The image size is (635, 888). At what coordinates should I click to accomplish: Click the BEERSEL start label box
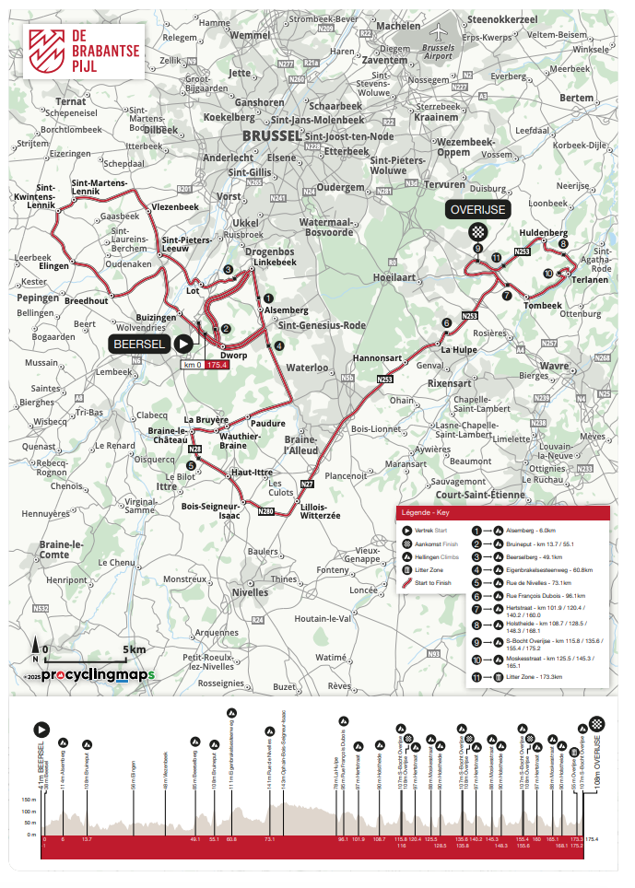click(x=141, y=344)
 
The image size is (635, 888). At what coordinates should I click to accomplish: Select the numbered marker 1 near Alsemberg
click(x=267, y=298)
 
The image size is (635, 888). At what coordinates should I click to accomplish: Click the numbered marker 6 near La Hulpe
click(x=446, y=322)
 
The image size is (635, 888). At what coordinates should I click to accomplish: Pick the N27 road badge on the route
click(x=308, y=484)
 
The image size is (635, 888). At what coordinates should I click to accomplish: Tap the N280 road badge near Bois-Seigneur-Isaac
click(x=265, y=510)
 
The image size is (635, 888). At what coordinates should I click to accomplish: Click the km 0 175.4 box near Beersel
click(x=205, y=365)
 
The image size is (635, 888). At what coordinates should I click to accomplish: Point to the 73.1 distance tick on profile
click(x=269, y=840)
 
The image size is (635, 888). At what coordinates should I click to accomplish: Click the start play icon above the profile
click(x=41, y=729)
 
